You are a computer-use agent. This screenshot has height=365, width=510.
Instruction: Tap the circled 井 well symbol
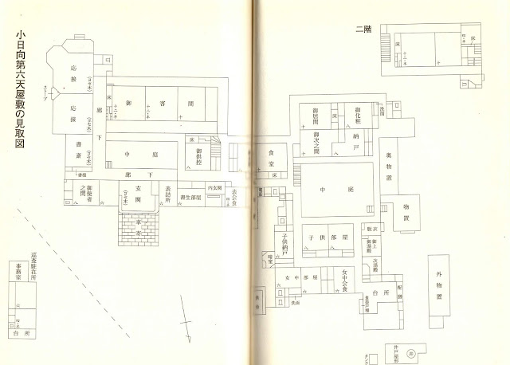click(411, 352)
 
